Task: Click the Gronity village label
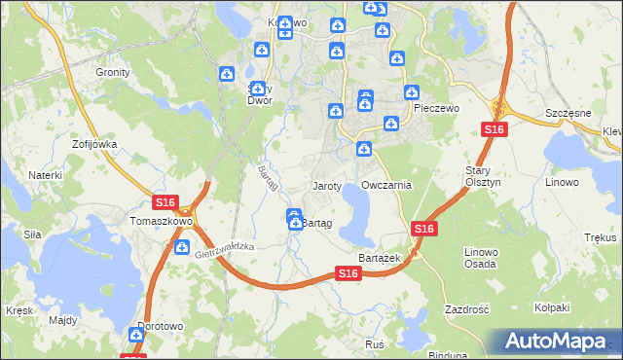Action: [112, 72]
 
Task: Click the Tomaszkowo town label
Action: [161, 221]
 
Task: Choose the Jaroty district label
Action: [326, 185]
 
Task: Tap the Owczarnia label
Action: [386, 185]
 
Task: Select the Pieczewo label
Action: [435, 109]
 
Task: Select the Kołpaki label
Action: [551, 308]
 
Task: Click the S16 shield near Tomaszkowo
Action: [165, 202]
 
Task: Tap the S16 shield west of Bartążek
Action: [350, 275]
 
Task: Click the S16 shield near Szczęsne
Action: [494, 130]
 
